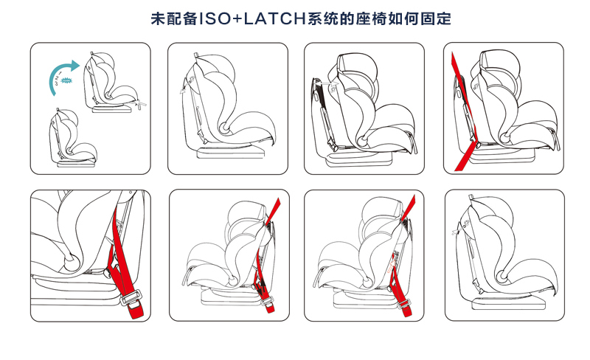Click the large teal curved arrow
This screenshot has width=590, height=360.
point(60,74)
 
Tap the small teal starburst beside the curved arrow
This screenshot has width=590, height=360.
point(66,80)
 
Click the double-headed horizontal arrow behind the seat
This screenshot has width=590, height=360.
point(326,82)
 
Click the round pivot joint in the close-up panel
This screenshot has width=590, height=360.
point(71,262)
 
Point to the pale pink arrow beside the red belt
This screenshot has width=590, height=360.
point(392,263)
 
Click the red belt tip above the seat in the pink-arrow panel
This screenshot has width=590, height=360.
point(409,207)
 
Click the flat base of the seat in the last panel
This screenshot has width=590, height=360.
point(508,303)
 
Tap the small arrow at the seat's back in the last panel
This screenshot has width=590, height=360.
point(457,231)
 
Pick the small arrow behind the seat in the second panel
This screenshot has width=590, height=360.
point(184,89)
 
